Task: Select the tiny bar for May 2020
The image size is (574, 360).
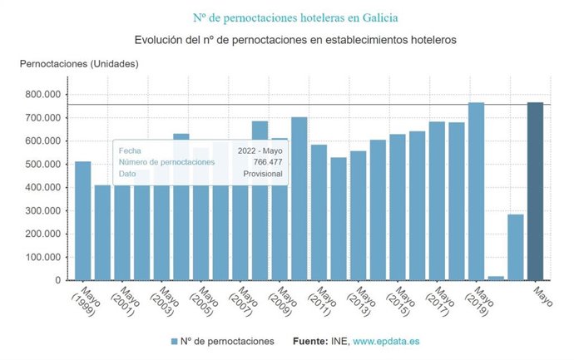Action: [x=496, y=278]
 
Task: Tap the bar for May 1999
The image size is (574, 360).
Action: [x=83, y=220]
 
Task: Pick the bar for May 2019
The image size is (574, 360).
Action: [x=476, y=191]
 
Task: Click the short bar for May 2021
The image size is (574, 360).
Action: [x=516, y=247]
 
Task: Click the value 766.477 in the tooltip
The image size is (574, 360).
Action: [x=265, y=162]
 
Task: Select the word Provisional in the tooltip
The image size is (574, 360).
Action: [x=262, y=174]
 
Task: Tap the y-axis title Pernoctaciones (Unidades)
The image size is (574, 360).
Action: [x=80, y=64]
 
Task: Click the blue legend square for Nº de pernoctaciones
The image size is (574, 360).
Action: [x=174, y=342]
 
